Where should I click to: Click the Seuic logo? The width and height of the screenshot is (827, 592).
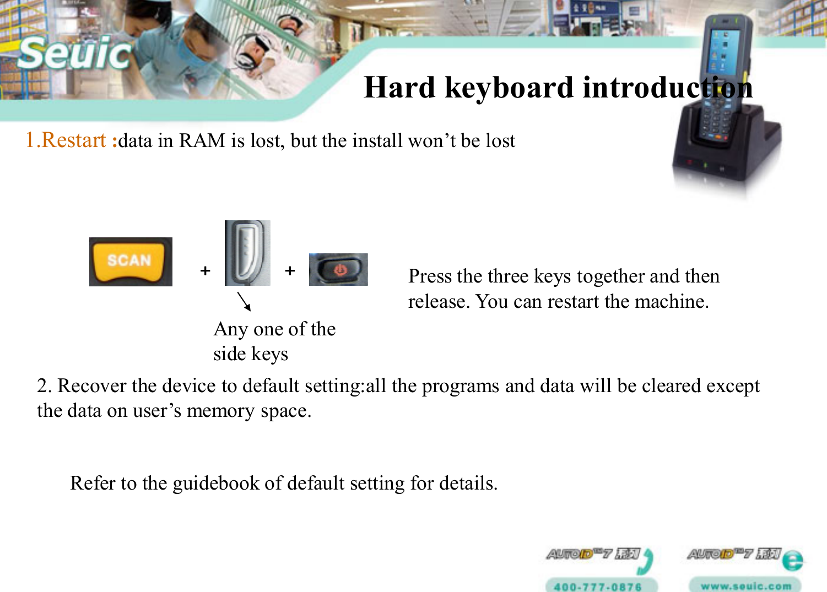pos(74,53)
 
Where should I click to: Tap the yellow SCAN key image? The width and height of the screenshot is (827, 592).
pos(131,262)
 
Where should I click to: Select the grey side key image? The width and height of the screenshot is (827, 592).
pos(247,253)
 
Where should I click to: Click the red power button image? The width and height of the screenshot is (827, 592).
pos(338,270)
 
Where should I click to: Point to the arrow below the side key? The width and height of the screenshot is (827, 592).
pos(244,301)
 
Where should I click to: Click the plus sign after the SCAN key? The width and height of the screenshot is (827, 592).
pos(206,270)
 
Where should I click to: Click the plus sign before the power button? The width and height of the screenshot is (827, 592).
pos(290,270)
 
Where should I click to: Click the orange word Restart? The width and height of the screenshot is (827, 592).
pos(74,140)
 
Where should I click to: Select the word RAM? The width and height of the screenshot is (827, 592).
pos(202,141)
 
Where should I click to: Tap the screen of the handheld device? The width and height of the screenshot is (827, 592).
pos(723,50)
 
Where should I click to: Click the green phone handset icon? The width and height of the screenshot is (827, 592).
pos(646,560)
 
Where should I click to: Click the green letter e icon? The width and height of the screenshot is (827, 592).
pos(793,561)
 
